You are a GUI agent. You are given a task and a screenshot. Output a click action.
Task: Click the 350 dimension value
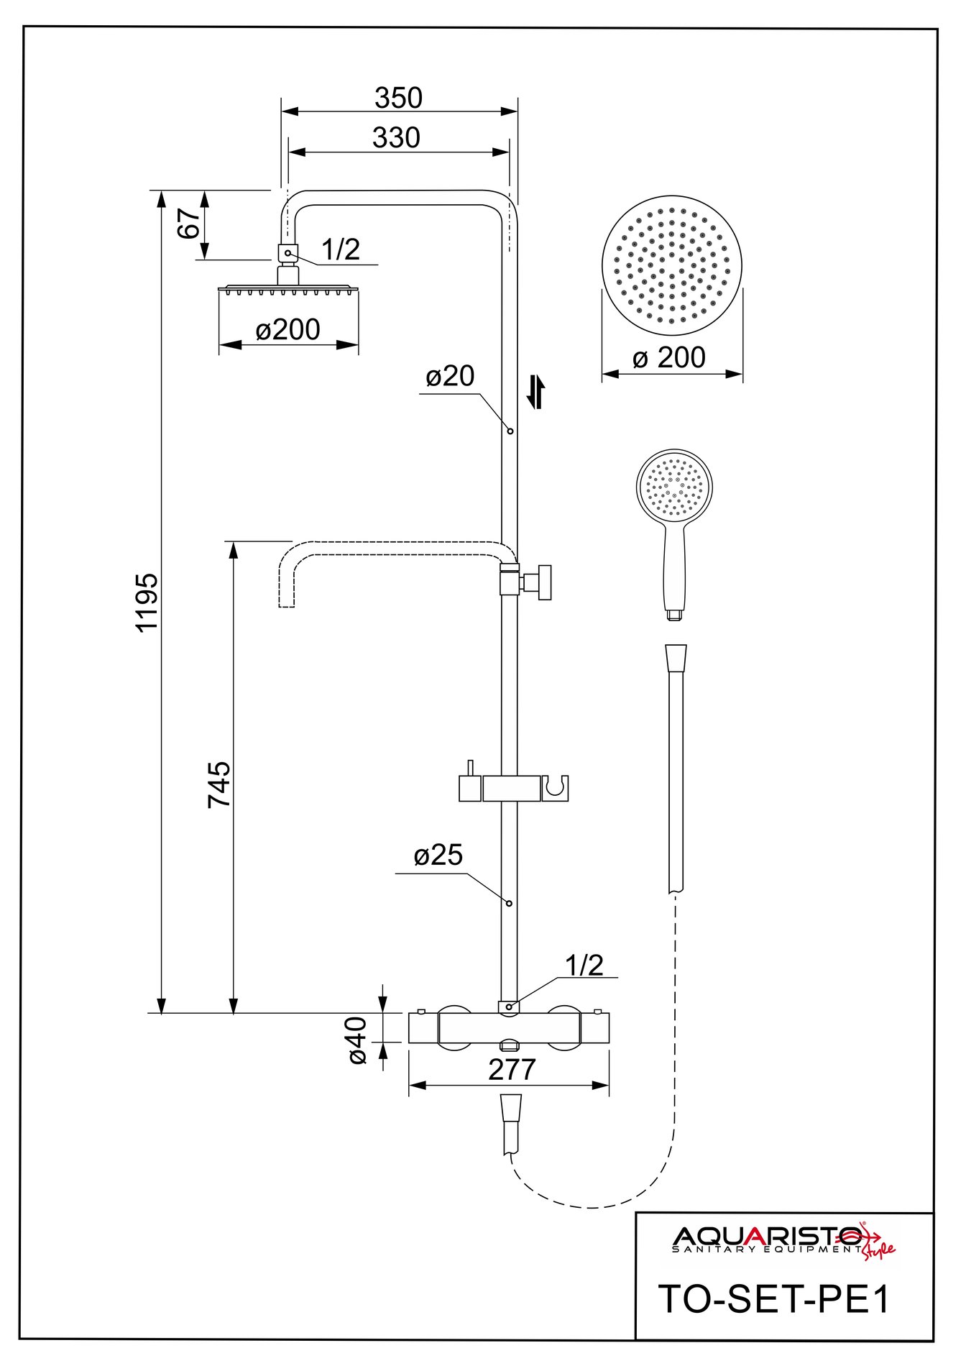click(x=398, y=98)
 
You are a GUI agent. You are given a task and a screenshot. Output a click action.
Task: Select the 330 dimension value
click(x=396, y=138)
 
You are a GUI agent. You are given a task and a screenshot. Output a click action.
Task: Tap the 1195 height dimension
click(x=147, y=602)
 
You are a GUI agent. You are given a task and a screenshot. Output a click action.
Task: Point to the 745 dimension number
click(x=219, y=784)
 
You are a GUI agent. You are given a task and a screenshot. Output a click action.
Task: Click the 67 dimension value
click(x=188, y=224)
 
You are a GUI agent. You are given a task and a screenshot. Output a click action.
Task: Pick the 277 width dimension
click(x=512, y=1070)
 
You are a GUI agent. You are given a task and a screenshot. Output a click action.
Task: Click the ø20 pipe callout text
click(x=450, y=376)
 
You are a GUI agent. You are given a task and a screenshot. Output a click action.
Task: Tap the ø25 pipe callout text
click(x=438, y=855)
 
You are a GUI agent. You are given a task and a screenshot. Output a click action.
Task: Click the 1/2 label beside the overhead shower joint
click(x=340, y=249)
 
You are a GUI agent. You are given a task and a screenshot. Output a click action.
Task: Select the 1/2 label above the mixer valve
click(x=584, y=966)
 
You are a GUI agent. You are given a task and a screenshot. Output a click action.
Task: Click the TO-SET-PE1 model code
click(x=774, y=1299)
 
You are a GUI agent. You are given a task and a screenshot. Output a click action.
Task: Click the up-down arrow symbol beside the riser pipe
click(x=535, y=392)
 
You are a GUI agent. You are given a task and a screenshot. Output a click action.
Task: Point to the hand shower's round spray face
click(x=674, y=487)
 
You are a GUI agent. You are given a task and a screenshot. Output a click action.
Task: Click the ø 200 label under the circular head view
click(x=669, y=358)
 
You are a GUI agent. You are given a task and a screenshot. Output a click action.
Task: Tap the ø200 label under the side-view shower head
click(x=287, y=330)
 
